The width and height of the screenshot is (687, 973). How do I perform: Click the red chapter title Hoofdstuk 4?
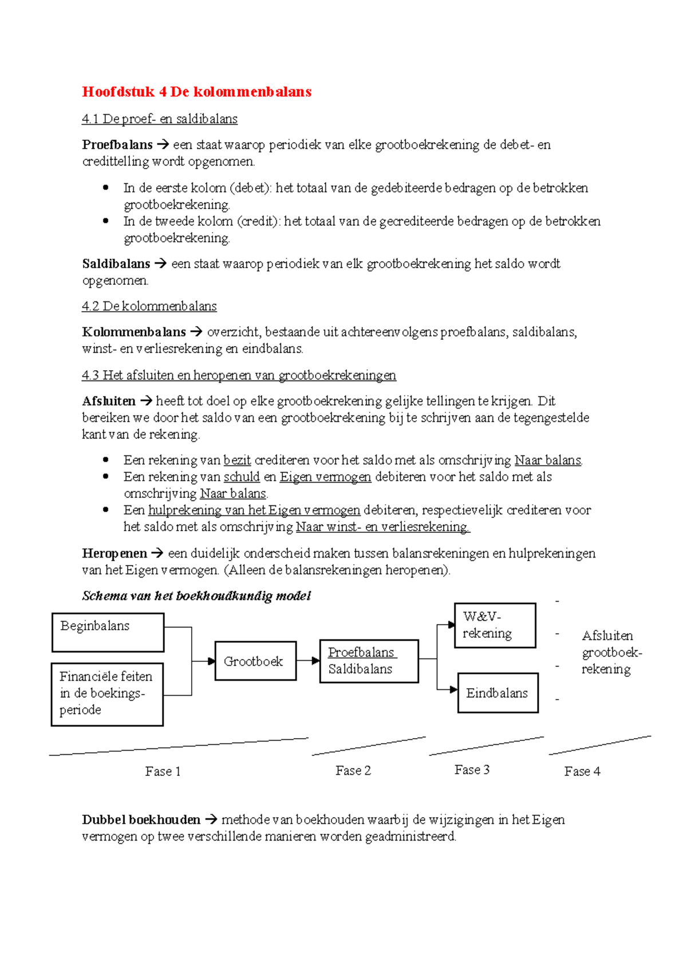(196, 92)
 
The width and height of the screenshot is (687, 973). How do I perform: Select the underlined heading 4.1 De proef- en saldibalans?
(160, 119)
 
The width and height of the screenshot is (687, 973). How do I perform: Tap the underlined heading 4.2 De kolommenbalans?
(149, 306)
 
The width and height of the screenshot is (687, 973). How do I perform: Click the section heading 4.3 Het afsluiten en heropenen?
(239, 375)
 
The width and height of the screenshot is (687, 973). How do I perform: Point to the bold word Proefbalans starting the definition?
(117, 145)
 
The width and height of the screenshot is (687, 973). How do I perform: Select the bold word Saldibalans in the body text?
(116, 264)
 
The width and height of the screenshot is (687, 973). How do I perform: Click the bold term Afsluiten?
(109, 401)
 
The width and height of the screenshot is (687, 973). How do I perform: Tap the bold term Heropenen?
(114, 554)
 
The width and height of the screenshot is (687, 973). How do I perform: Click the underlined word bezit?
(237, 460)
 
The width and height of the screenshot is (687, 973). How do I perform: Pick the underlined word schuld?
(242, 477)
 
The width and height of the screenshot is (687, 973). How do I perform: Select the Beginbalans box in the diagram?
(108, 632)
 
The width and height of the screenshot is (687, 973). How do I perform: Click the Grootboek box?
(255, 661)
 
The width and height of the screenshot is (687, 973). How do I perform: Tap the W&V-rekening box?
(495, 625)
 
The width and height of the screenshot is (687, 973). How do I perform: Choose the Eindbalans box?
(498, 693)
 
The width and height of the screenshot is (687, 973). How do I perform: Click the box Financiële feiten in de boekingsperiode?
(107, 694)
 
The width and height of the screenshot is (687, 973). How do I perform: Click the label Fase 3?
(472, 770)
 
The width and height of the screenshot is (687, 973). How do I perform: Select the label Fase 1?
(163, 771)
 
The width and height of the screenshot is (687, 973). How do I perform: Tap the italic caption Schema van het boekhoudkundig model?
(196, 596)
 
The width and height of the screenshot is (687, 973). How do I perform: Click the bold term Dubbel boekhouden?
(141, 820)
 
